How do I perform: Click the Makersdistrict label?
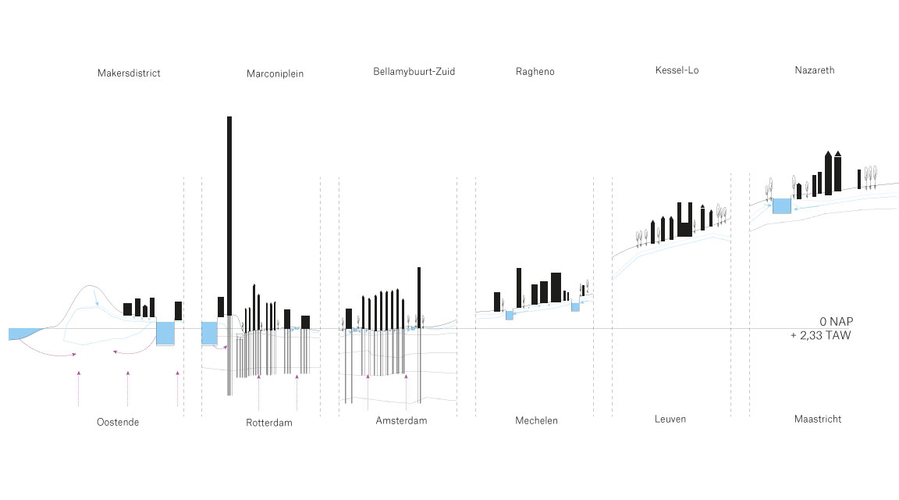[x=129, y=73]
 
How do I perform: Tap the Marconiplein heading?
[x=275, y=74]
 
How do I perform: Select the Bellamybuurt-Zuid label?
[x=414, y=72]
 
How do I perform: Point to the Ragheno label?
[x=535, y=72]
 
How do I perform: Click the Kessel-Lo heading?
[x=677, y=70]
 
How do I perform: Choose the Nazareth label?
[x=814, y=70]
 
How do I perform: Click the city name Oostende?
[x=118, y=422]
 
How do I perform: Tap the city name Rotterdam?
[x=268, y=423]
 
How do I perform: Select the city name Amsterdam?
[x=401, y=420]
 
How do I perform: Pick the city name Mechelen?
[x=536, y=420]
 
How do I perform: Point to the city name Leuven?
[x=670, y=420]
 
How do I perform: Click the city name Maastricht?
[x=817, y=420]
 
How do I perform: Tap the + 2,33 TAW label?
[x=820, y=336]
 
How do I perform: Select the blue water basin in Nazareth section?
[x=781, y=206]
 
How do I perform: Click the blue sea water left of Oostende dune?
[x=19, y=334]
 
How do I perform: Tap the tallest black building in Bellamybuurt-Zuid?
[x=419, y=297]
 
